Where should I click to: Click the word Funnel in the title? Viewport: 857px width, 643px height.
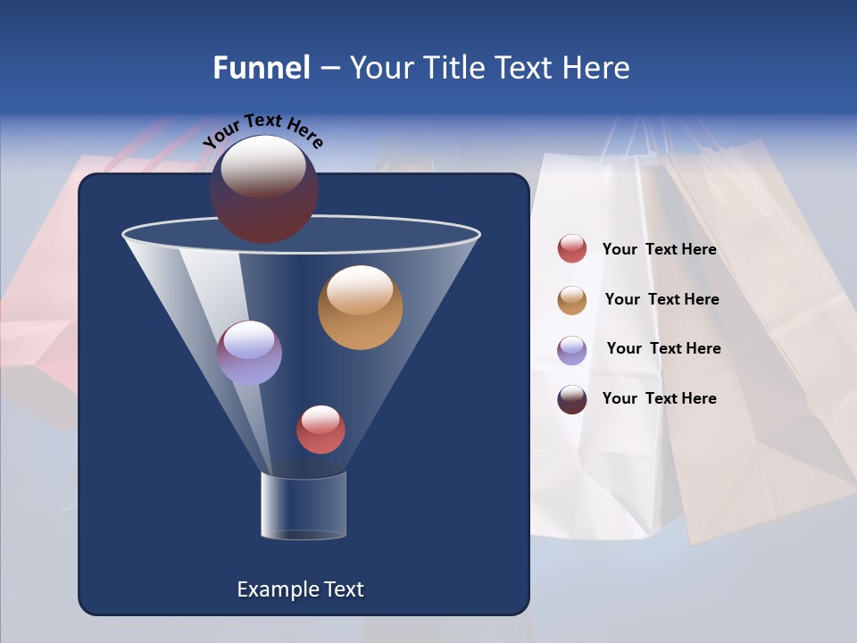tap(261, 68)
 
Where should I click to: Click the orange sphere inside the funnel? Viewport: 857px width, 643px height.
tap(360, 308)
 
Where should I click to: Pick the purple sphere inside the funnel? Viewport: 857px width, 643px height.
tap(250, 353)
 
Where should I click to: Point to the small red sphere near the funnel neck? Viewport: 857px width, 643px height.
tap(320, 430)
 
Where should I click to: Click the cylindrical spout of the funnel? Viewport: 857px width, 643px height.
tap(303, 505)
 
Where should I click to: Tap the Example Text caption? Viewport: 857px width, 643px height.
tap(301, 589)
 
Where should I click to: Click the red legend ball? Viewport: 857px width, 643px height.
tap(572, 249)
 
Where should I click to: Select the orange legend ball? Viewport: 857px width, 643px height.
tap(572, 300)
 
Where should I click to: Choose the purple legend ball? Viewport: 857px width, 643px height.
tap(572, 350)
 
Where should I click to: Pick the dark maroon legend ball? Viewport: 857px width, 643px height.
tap(572, 399)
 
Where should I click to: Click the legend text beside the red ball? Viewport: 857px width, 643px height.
tap(659, 250)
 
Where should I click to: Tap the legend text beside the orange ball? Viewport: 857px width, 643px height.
tap(661, 300)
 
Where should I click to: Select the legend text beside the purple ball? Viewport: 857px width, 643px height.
tap(663, 349)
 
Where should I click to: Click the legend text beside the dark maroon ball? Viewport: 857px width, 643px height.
tap(659, 399)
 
